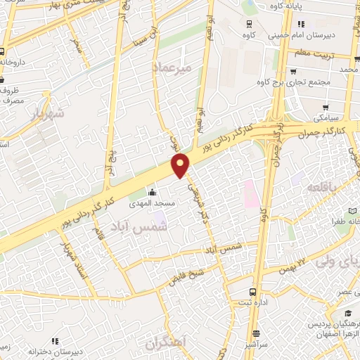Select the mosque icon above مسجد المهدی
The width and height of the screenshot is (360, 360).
pos(152,193)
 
